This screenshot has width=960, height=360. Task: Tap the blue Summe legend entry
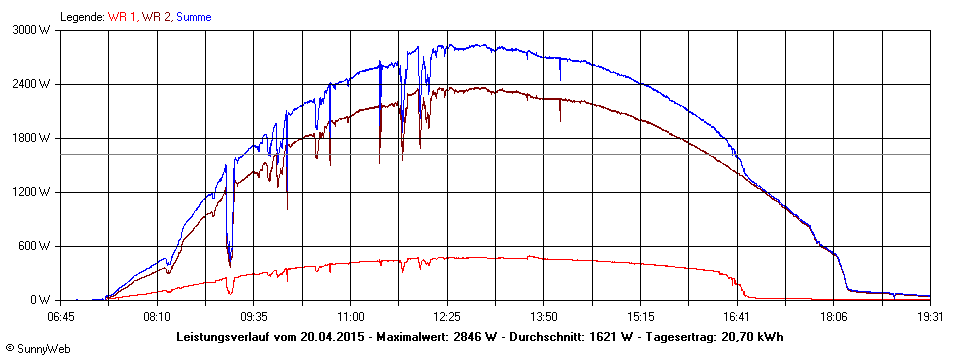(194, 17)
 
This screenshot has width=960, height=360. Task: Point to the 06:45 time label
(62, 316)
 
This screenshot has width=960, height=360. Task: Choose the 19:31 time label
(930, 316)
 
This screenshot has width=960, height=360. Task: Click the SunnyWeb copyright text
(37, 349)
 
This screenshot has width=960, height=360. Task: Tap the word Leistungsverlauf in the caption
(223, 336)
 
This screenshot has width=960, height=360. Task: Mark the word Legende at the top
(82, 17)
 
